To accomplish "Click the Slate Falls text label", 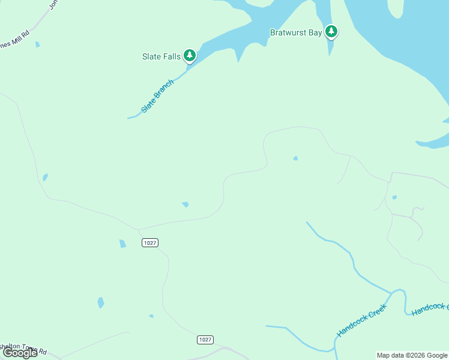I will pyautogui.click(x=161, y=57).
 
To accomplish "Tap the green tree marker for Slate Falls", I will pyautogui.click(x=190, y=56).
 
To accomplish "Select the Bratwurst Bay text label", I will pyautogui.click(x=296, y=33).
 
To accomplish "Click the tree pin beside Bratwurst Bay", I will pyautogui.click(x=331, y=31).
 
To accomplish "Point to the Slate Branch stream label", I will pyautogui.click(x=157, y=96).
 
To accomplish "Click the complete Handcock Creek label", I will pyautogui.click(x=362, y=320).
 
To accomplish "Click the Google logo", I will pyautogui.click(x=20, y=353).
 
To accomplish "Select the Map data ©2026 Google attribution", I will pyautogui.click(x=412, y=355).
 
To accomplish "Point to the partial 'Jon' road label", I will pyautogui.click(x=53, y=4).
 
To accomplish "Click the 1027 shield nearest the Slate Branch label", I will pyautogui.click(x=150, y=242).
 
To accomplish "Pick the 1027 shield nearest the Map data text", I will pyautogui.click(x=205, y=340).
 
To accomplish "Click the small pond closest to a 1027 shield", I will pyautogui.click(x=122, y=244).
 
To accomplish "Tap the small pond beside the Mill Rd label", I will pyautogui.click(x=37, y=44).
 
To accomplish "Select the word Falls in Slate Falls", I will pyautogui.click(x=170, y=57).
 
